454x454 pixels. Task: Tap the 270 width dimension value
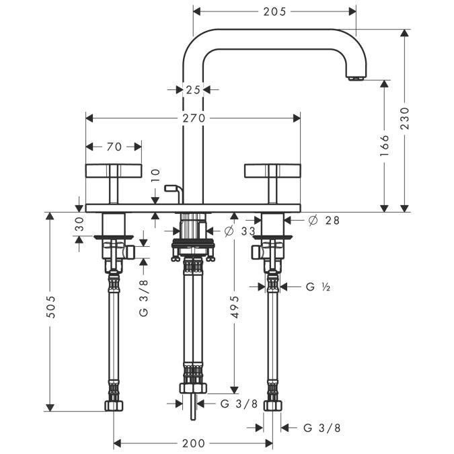pyautogui.click(x=193, y=118)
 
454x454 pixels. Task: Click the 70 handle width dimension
pyautogui.click(x=114, y=146)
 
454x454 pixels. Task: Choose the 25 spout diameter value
pyautogui.click(x=193, y=89)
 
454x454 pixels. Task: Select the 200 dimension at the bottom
pyautogui.click(x=193, y=443)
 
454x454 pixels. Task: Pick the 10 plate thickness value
pyautogui.click(x=155, y=176)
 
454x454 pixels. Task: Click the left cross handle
pyautogui.click(x=114, y=171)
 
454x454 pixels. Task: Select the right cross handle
pyautogui.click(x=272, y=171)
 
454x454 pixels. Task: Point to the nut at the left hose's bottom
pyautogui.click(x=114, y=405)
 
